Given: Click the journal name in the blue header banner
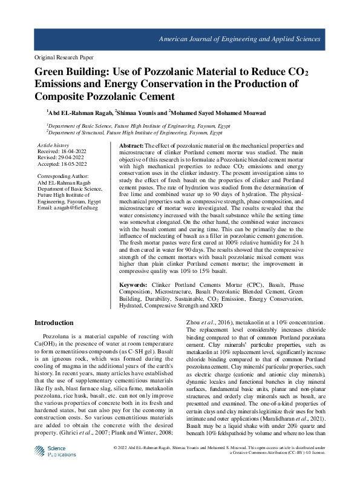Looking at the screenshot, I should (239, 39).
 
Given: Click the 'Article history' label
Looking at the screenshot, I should (53, 146).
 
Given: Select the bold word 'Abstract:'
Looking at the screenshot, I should (131, 147).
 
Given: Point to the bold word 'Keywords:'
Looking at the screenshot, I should (133, 284).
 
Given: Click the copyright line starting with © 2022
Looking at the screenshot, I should (218, 465).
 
